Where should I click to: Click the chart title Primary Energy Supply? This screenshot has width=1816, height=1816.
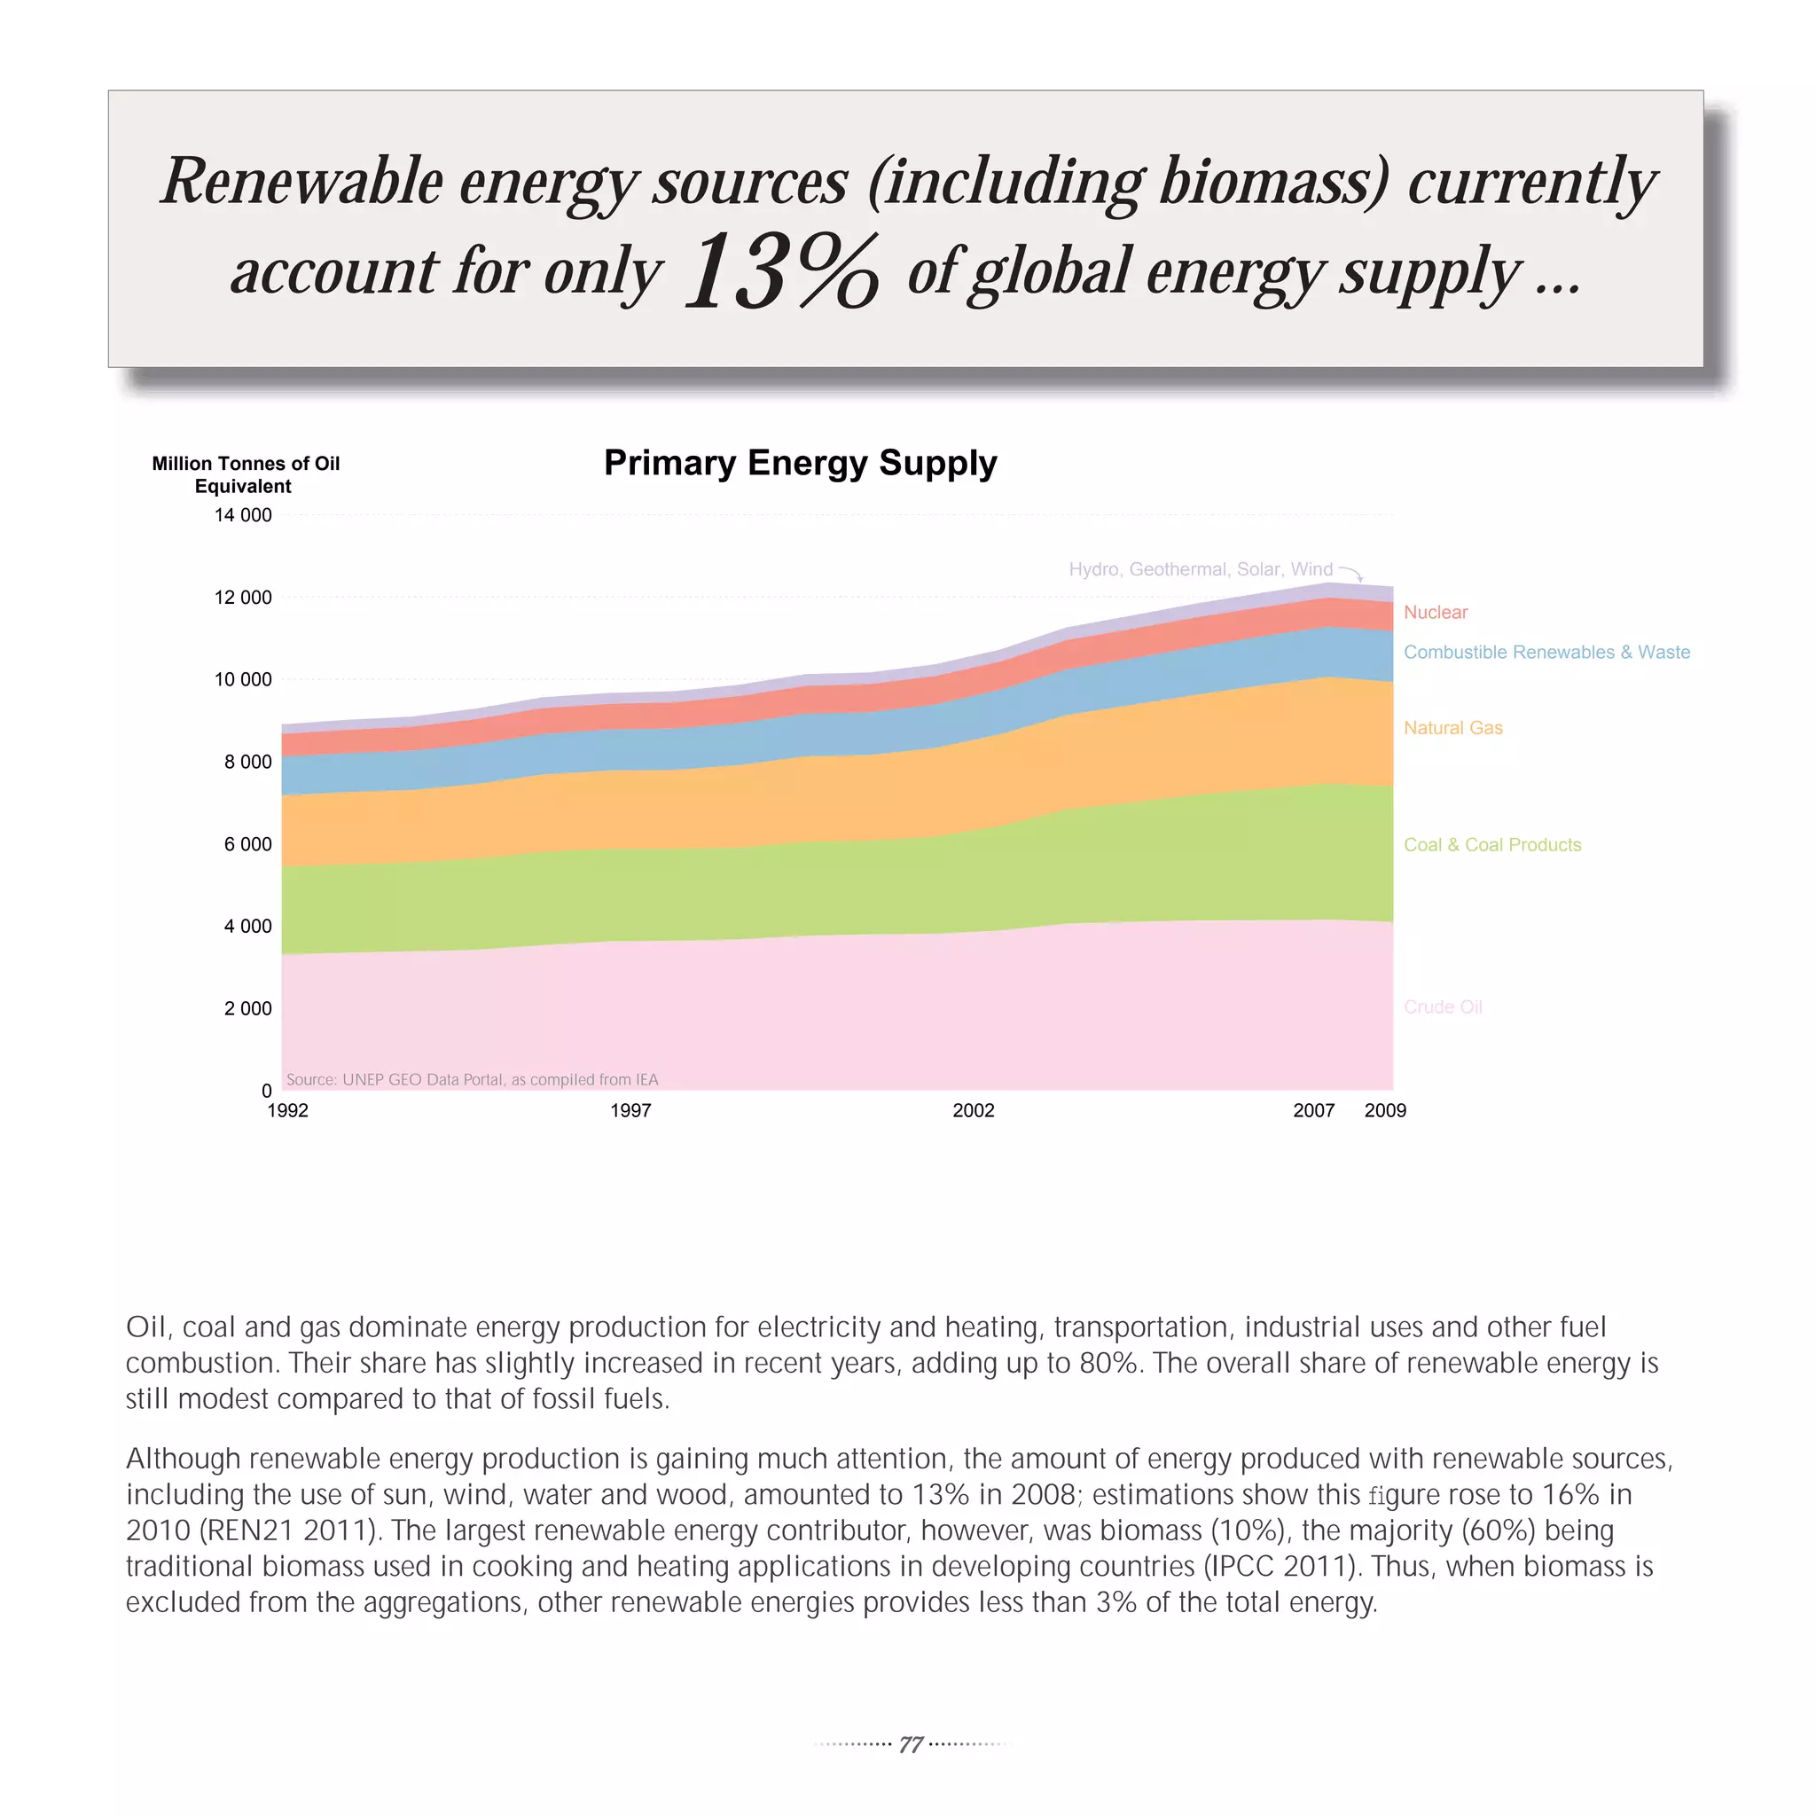tap(800, 464)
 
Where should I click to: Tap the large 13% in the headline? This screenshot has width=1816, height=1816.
tap(782, 272)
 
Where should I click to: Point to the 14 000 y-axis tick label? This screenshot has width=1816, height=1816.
tap(242, 515)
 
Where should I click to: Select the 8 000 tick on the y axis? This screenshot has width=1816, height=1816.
tap(247, 763)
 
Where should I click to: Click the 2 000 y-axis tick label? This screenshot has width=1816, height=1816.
tap(247, 1008)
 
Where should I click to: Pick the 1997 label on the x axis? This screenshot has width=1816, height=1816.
tap(630, 1111)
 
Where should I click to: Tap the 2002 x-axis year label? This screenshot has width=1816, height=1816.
tap(973, 1111)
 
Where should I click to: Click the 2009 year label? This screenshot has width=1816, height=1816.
tap(1384, 1111)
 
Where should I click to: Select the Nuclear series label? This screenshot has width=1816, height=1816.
tap(1436, 613)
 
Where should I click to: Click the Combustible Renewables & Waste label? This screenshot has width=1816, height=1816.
tap(1546, 653)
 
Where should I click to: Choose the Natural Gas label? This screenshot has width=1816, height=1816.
tap(1452, 729)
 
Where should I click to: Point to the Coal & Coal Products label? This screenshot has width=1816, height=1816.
tap(1491, 845)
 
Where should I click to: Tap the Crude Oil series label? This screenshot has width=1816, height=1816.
tap(1442, 1007)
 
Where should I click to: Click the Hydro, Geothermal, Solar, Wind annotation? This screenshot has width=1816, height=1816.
tap(1201, 569)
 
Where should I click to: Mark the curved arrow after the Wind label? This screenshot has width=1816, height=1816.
tap(1351, 574)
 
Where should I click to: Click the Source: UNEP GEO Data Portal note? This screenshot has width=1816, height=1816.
tap(472, 1080)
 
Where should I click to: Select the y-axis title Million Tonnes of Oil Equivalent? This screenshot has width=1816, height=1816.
tap(246, 474)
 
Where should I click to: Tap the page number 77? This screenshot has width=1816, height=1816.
tap(910, 1744)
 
